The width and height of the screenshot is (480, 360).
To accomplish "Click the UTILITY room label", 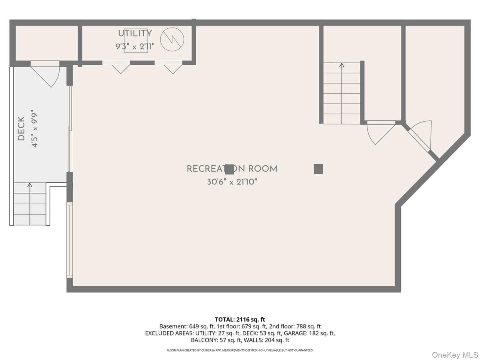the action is point(135,33).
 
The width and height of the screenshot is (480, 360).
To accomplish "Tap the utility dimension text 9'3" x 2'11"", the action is point(135,46).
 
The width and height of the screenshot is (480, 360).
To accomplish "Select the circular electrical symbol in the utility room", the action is point(172,39).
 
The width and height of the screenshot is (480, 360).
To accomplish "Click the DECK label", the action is point(21,128).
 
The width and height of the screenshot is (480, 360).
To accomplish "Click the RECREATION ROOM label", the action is point(232,169).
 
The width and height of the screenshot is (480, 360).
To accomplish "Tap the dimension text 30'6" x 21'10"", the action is point(232,182).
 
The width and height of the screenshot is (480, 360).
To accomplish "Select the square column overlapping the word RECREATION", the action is point(229,169).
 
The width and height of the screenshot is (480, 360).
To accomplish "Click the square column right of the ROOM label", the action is point(318,169).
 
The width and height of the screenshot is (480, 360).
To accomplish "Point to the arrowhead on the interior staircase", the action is point(342,65).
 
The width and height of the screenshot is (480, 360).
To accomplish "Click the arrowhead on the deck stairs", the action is point(30,185).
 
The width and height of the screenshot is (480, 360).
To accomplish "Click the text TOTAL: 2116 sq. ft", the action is point(240,320).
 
